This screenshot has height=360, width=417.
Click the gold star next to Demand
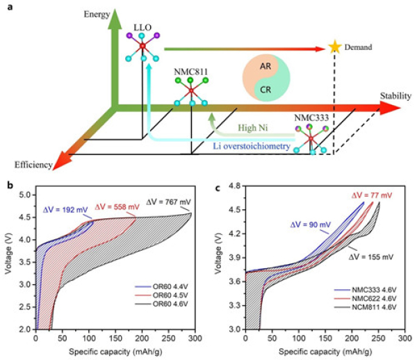[x=336, y=47]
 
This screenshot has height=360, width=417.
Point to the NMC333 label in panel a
[x=307, y=118]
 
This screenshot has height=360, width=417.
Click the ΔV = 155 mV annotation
[x=373, y=256]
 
